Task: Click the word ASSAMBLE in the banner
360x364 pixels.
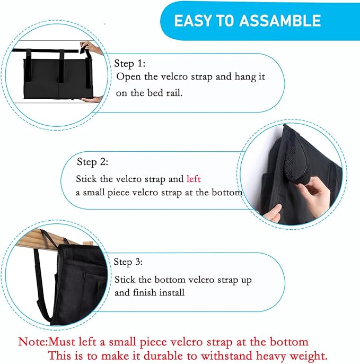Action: (x=280, y=20)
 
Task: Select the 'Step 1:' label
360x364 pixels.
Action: (x=130, y=64)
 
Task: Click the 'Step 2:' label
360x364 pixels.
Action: (x=93, y=162)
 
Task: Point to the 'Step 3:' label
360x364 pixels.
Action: (x=128, y=262)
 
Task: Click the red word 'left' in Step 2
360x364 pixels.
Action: (x=194, y=179)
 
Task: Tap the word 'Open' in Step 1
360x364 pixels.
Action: (x=128, y=77)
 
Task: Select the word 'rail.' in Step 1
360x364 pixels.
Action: (x=174, y=93)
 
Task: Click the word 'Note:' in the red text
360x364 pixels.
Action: (x=33, y=342)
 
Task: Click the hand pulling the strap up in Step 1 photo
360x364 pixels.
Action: (x=91, y=48)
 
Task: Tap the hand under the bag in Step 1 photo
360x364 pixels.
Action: (x=92, y=100)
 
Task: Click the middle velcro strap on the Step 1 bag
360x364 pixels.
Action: (x=62, y=66)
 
